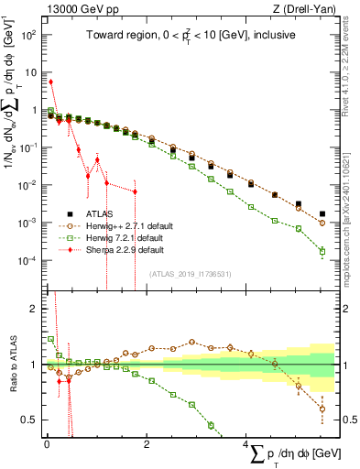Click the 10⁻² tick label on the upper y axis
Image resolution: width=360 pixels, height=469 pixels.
point(27,185)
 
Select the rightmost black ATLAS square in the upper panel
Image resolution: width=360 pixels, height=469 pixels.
point(322,214)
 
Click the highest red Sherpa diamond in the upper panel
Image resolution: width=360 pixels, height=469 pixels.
point(50,82)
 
